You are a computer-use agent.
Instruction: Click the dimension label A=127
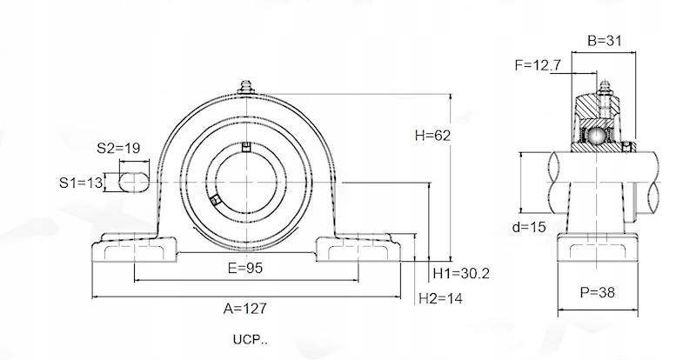(x=244, y=308)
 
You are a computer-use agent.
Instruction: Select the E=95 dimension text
(x=245, y=269)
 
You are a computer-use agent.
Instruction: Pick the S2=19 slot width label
(x=118, y=148)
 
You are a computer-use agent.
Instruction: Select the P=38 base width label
(x=597, y=292)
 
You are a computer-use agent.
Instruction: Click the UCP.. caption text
(x=251, y=339)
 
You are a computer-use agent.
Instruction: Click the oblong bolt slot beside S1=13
(x=132, y=182)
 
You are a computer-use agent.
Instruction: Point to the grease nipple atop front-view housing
(x=244, y=90)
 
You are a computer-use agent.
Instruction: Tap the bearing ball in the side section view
(x=597, y=137)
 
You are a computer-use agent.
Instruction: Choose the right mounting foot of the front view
(x=357, y=250)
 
